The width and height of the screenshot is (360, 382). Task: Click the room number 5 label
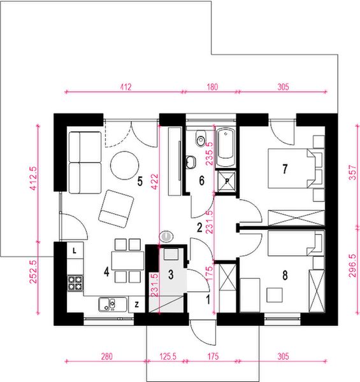[x=140, y=181]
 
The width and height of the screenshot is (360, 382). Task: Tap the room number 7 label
[x=285, y=169]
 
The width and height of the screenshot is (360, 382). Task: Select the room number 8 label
[x=285, y=275]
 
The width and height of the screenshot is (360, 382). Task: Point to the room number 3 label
[x=171, y=274]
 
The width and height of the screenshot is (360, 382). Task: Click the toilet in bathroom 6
[x=201, y=139]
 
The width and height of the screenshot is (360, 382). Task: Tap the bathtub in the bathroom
[x=226, y=147]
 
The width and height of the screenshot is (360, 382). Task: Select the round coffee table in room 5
[x=124, y=166]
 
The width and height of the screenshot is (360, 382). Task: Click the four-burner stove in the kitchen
[x=75, y=283]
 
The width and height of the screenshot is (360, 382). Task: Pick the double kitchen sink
[x=113, y=304]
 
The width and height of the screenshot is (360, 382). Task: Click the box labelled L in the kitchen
[x=75, y=250]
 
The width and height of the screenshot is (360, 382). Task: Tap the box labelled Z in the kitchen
[x=136, y=304]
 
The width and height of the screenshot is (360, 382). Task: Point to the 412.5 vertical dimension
[x=33, y=178]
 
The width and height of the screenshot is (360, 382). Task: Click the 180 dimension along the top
[x=212, y=87]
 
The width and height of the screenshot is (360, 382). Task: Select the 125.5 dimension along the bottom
[x=168, y=357]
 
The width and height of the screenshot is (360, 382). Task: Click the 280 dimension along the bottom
[x=107, y=357]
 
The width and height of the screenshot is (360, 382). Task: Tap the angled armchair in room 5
[x=116, y=209]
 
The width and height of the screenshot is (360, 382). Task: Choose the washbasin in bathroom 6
[x=191, y=162]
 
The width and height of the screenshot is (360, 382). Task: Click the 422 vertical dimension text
[x=155, y=181]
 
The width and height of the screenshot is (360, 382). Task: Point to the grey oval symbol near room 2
[x=166, y=236]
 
